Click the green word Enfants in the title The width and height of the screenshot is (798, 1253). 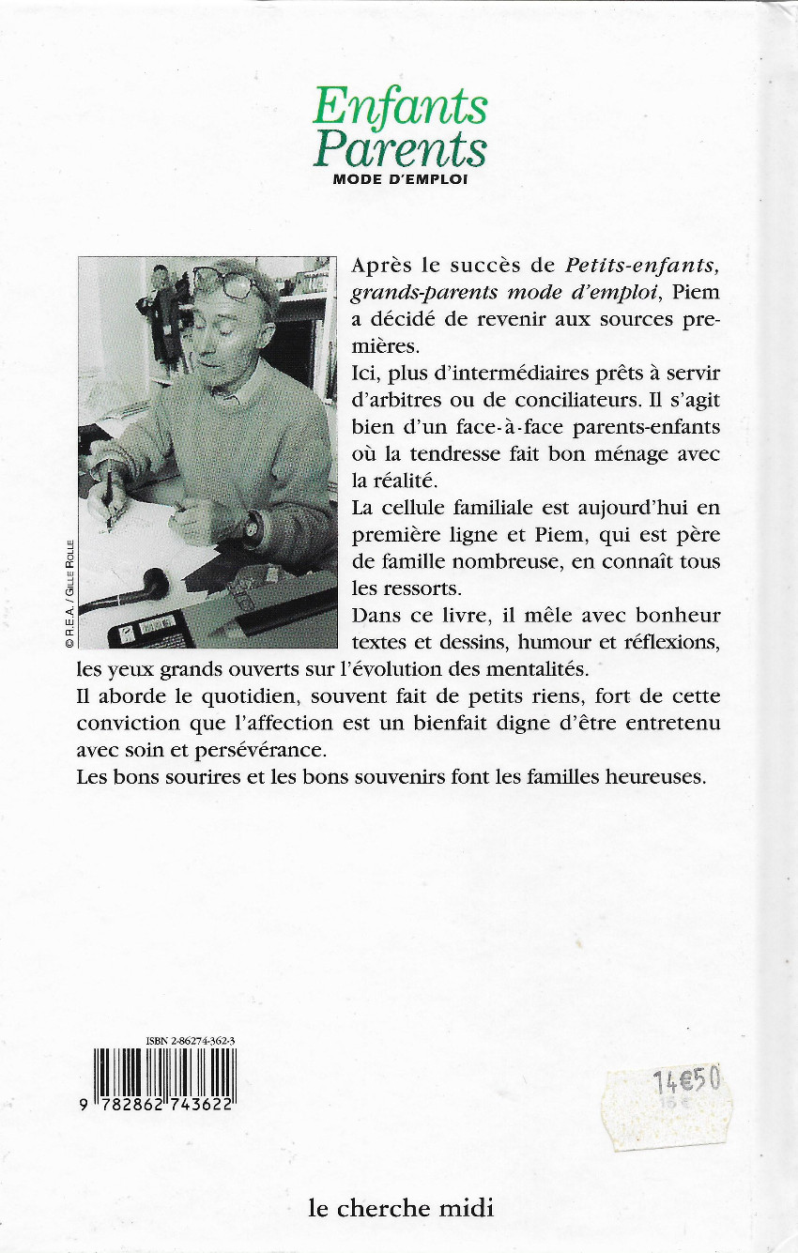coord(401,106)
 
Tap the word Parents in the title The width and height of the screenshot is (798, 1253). coord(401,148)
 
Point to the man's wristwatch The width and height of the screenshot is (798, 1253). coord(252,527)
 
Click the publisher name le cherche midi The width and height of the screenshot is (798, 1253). coord(401,1207)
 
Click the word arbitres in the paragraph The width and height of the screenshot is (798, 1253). coord(395,400)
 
